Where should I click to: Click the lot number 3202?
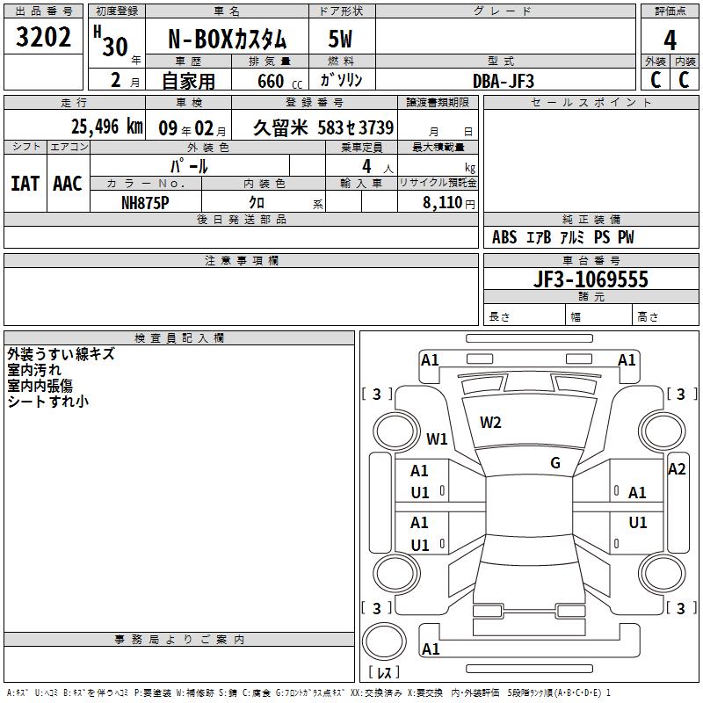(43, 37)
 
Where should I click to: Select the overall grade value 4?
(670, 40)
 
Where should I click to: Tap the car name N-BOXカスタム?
(227, 40)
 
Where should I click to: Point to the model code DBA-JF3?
(504, 81)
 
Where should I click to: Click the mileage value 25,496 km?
(107, 127)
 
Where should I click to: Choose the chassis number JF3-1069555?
(591, 279)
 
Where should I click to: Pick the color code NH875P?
(145, 203)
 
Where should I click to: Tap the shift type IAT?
(25, 184)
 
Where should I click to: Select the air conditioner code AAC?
(68, 184)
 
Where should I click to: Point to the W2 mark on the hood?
(490, 423)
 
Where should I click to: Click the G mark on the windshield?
(555, 463)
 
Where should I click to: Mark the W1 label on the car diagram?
(437, 438)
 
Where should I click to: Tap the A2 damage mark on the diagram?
(677, 469)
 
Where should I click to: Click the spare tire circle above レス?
(384, 641)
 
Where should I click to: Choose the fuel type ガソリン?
(341, 80)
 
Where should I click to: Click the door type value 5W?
(340, 40)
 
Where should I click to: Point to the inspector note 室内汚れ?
(34, 370)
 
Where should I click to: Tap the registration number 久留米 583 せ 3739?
(323, 127)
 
